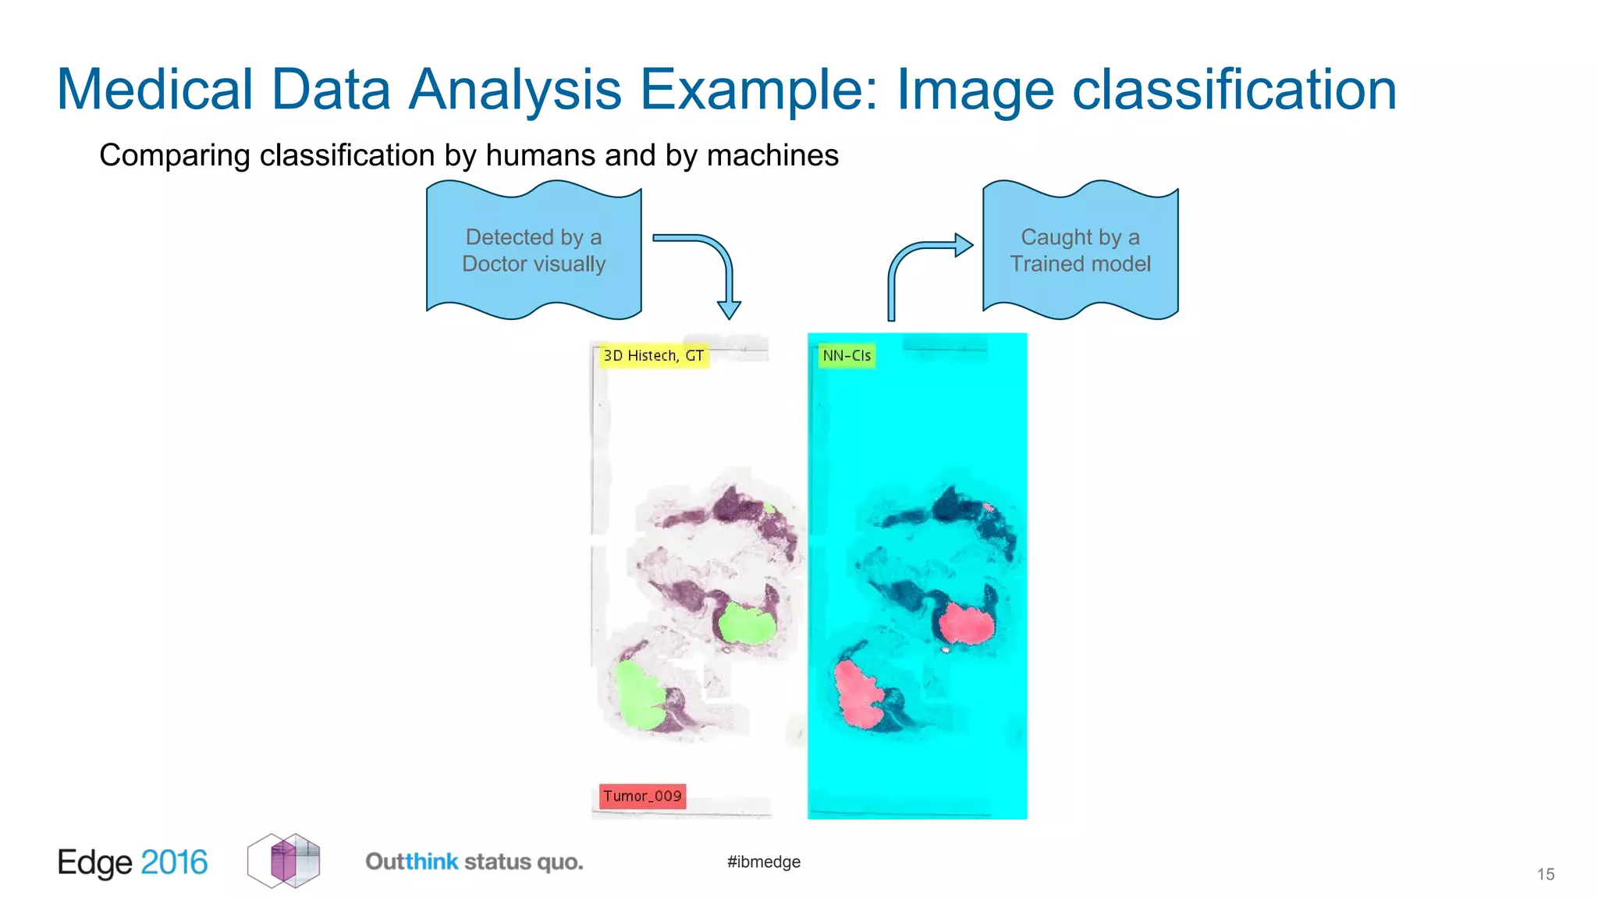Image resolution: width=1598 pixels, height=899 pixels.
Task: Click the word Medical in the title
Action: [154, 90]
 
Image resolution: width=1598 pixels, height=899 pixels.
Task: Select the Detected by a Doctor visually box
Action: [534, 251]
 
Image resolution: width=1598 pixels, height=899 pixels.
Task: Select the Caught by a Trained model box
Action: [1080, 251]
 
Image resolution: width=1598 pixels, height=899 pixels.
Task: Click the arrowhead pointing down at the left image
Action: [729, 310]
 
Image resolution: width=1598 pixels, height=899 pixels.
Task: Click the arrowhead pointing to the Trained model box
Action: [964, 245]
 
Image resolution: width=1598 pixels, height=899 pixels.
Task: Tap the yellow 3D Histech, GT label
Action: [653, 356]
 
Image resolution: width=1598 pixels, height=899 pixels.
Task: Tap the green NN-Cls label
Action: [846, 356]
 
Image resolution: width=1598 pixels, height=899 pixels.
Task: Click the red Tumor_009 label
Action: [642, 796]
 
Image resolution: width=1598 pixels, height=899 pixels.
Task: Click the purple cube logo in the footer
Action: [284, 861]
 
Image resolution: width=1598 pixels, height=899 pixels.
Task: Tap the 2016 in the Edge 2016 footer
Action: [174, 862]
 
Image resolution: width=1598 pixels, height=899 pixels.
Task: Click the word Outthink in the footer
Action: [412, 862]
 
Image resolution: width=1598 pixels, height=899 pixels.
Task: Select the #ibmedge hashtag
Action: [763, 862]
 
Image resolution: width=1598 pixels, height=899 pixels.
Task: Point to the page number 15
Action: [1545, 874]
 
